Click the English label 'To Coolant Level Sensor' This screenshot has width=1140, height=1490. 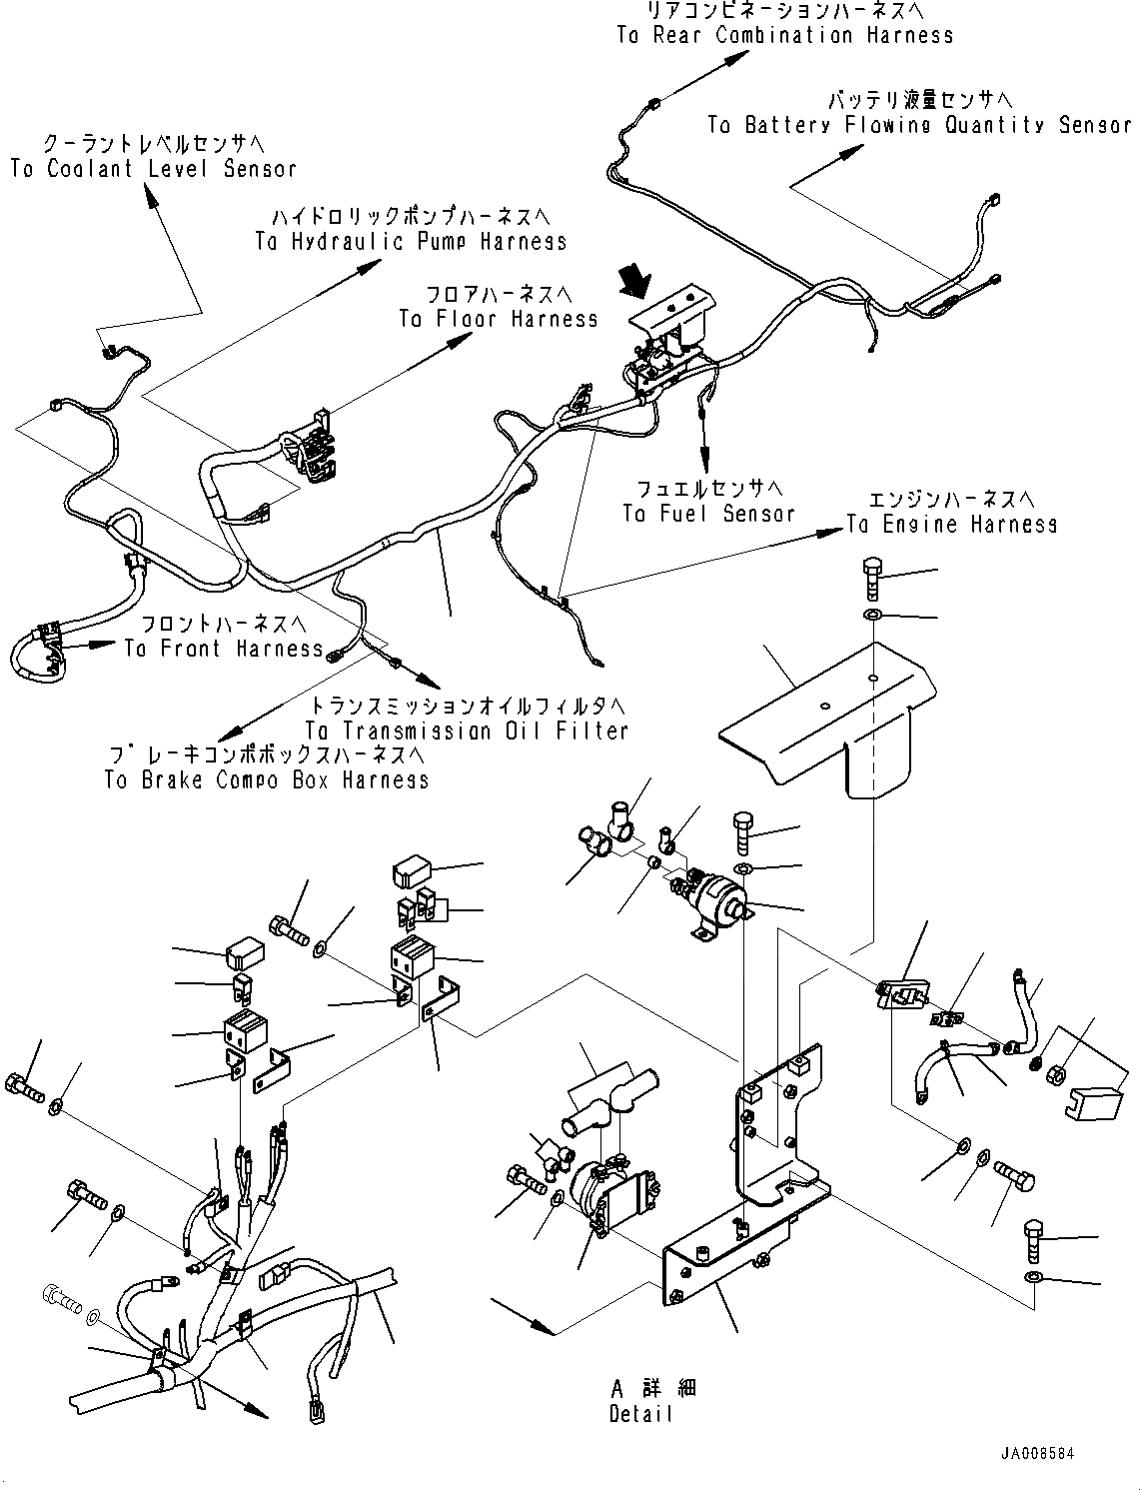point(153,169)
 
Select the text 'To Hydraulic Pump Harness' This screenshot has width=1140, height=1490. point(411,242)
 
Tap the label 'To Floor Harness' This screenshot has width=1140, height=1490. point(498,319)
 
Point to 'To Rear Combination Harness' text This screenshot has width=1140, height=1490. point(784,36)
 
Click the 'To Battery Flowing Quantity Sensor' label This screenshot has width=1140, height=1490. point(919,125)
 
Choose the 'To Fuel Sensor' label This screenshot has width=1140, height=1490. point(708,514)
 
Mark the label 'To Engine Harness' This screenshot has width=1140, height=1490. point(951,524)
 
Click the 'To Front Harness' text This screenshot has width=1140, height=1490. point(224,649)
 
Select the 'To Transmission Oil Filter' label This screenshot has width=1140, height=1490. point(467,731)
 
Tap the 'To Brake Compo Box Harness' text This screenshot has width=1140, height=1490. point(267,779)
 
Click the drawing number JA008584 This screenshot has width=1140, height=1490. point(1035,1454)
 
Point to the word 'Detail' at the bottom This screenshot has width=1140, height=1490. point(640,1414)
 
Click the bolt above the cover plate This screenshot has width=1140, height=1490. point(871,577)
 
